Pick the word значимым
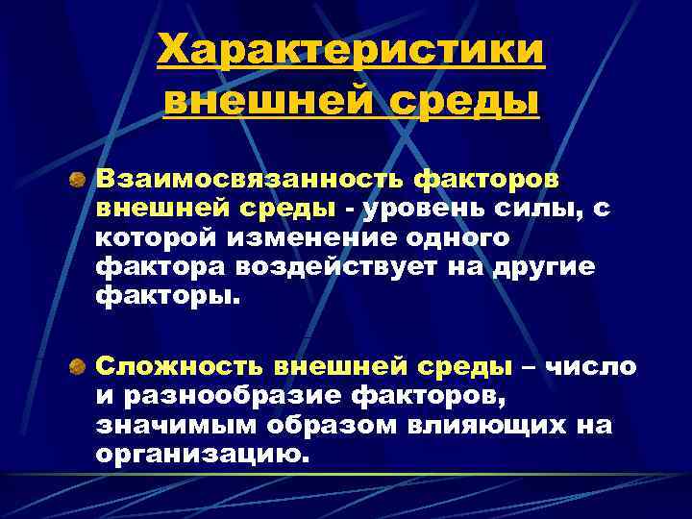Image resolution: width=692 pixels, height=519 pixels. coord(162,425)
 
